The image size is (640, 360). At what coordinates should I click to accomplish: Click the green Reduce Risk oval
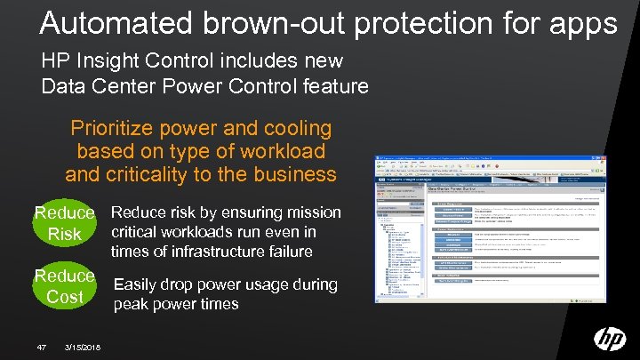(64, 223)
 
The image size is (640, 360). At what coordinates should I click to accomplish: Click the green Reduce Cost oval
(64, 285)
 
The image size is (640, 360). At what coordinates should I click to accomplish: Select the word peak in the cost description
(132, 304)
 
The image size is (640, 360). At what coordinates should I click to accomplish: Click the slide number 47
(41, 346)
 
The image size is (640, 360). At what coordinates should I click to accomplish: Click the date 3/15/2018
(83, 346)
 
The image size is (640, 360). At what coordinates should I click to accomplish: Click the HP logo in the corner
(609, 338)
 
